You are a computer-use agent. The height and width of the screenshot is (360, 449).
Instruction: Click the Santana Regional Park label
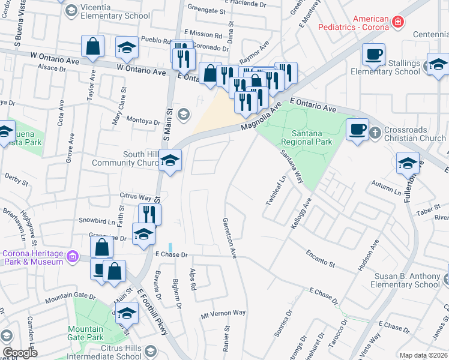(306, 137)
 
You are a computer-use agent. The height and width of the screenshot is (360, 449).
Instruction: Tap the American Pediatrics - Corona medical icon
(397, 22)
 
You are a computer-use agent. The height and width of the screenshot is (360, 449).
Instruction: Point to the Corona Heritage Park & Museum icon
(73, 257)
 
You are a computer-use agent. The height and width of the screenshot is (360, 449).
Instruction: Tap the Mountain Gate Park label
(85, 333)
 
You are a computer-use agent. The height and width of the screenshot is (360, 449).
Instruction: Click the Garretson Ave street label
(230, 238)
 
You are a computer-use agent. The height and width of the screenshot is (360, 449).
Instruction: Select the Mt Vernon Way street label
(223, 313)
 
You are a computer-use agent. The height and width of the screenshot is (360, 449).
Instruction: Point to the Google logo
(20, 353)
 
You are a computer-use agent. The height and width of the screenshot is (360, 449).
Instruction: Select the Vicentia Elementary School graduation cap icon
(71, 10)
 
